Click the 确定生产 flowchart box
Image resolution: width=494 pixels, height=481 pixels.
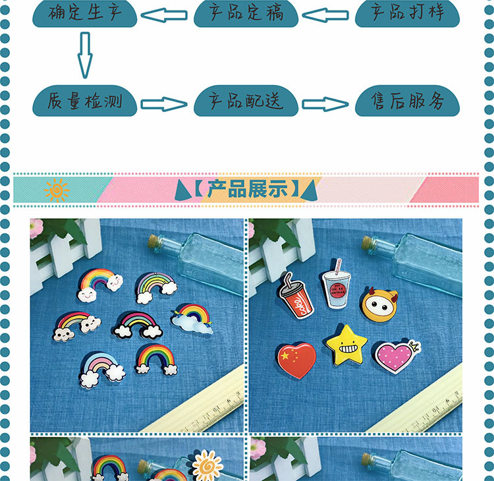pyautogui.click(x=85, y=13)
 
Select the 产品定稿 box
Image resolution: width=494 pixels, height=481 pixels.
pyautogui.click(x=245, y=13)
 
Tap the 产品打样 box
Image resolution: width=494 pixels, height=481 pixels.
pyautogui.click(x=408, y=13)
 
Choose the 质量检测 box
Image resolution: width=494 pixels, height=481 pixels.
pyautogui.click(x=85, y=102)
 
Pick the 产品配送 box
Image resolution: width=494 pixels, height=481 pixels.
pyautogui.click(x=245, y=102)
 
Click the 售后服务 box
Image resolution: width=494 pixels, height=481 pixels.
pyautogui.click(x=408, y=102)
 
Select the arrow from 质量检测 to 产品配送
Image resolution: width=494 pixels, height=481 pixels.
pyautogui.click(x=164, y=103)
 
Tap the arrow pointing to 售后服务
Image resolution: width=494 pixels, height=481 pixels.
pyautogui.click(x=325, y=103)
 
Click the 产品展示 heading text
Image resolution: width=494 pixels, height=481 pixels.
pyautogui.click(x=247, y=189)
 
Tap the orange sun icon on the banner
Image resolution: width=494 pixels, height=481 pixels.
pyautogui.click(x=56, y=190)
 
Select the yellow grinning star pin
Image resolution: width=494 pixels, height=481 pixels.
pyautogui.click(x=346, y=346)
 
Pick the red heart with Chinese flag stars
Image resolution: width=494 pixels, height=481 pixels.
pyautogui.click(x=296, y=360)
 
